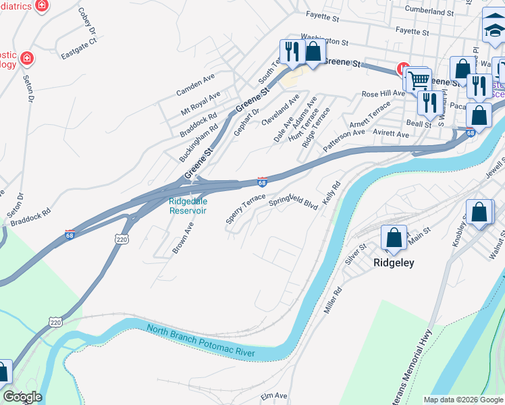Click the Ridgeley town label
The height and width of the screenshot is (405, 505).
394,263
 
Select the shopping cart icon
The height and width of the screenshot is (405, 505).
418,80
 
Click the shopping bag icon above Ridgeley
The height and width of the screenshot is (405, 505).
394,238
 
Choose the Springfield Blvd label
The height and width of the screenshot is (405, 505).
293,201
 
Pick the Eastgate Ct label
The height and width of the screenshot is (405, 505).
79,48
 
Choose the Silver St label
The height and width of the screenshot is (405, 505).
356,255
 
